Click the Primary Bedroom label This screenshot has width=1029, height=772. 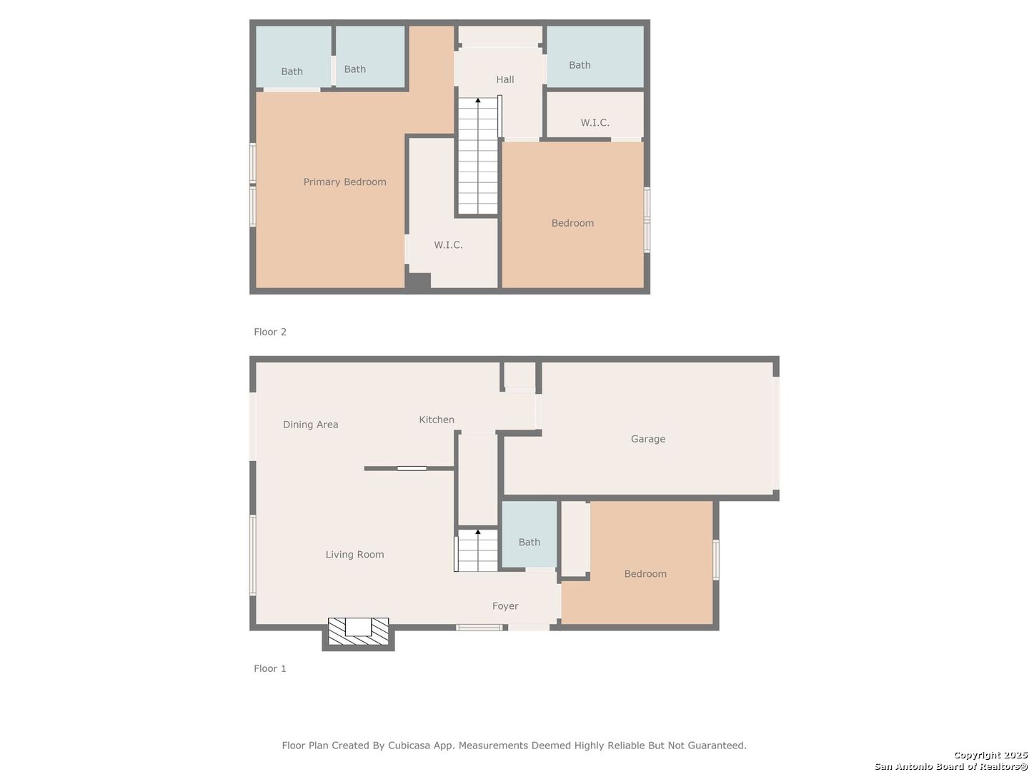pyautogui.click(x=344, y=182)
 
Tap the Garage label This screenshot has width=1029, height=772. pyautogui.click(x=647, y=439)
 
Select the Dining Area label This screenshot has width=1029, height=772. pyautogui.click(x=310, y=425)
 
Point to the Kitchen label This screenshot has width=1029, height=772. pyautogui.click(x=436, y=420)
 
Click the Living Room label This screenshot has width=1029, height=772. pyautogui.click(x=354, y=555)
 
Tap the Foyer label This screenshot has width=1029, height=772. pyautogui.click(x=505, y=606)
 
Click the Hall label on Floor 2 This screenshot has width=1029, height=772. pyautogui.click(x=504, y=79)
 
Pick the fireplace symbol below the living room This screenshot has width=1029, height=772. pyautogui.click(x=358, y=631)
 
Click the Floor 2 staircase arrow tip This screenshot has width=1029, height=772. pyautogui.click(x=478, y=101)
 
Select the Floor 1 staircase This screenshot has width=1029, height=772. pyautogui.click(x=477, y=550)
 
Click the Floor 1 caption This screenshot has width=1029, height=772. pyautogui.click(x=269, y=669)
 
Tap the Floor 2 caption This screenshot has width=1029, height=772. pyautogui.click(x=269, y=332)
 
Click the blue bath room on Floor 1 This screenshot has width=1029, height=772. pyautogui.click(x=529, y=534)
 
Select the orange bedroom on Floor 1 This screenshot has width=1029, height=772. pyautogui.click(x=645, y=565)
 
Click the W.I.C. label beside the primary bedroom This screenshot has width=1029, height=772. pyautogui.click(x=448, y=245)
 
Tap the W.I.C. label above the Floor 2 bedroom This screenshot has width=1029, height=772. pyautogui.click(x=595, y=123)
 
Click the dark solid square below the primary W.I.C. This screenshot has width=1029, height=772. pyautogui.click(x=419, y=282)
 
